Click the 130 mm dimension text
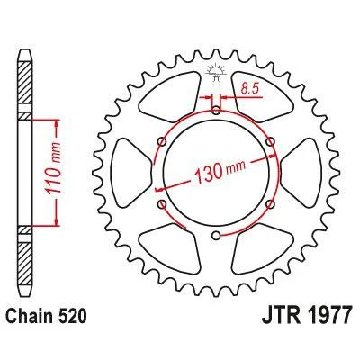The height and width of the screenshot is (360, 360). (x=220, y=172)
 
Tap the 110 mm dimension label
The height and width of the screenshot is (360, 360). (x=54, y=169)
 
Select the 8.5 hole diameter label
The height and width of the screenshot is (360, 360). (x=250, y=89)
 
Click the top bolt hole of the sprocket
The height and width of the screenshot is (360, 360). (x=216, y=112)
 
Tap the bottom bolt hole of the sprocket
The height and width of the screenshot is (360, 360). (x=216, y=236)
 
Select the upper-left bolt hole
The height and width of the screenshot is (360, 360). (x=162, y=142)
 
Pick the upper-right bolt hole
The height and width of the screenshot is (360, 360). (x=271, y=141)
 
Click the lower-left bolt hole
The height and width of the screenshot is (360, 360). (x=162, y=204)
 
